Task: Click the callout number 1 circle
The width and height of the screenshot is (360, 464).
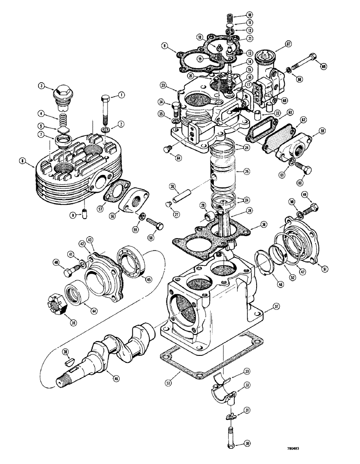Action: [122, 95]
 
